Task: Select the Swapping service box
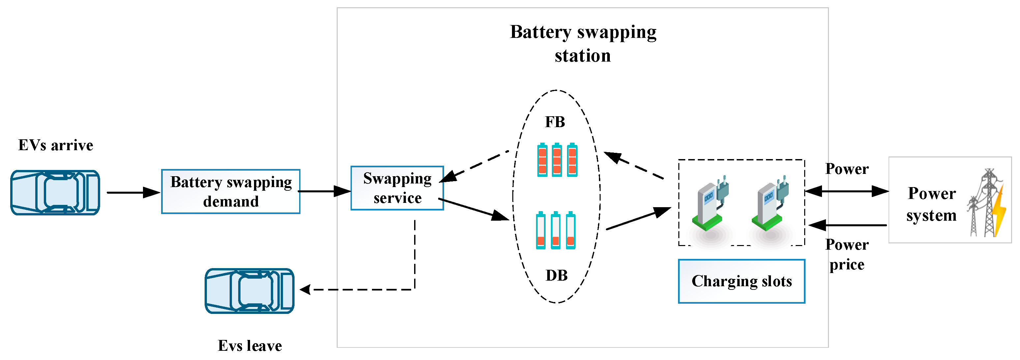pos(397,188)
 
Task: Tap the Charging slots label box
pos(741,282)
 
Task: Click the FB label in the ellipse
pos(555,122)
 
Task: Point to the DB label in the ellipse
pos(556,276)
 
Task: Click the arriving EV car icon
pos(55,193)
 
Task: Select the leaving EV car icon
pos(249,291)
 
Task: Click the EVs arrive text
pos(55,145)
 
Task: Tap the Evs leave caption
pos(250,346)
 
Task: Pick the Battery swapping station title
pos(583,43)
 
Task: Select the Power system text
pos(931,204)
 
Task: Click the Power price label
pos(847,255)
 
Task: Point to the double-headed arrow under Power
pos(847,192)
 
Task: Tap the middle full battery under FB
pos(557,160)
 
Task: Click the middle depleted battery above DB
pos(555,231)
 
